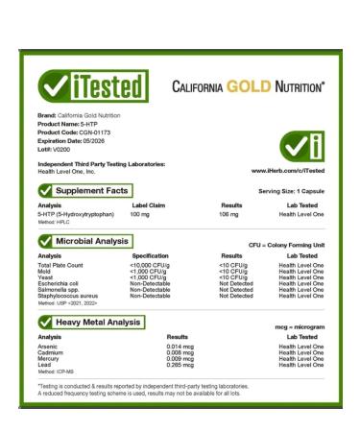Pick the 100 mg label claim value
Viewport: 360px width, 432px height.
140,215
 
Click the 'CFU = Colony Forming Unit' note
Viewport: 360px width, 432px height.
286,246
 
